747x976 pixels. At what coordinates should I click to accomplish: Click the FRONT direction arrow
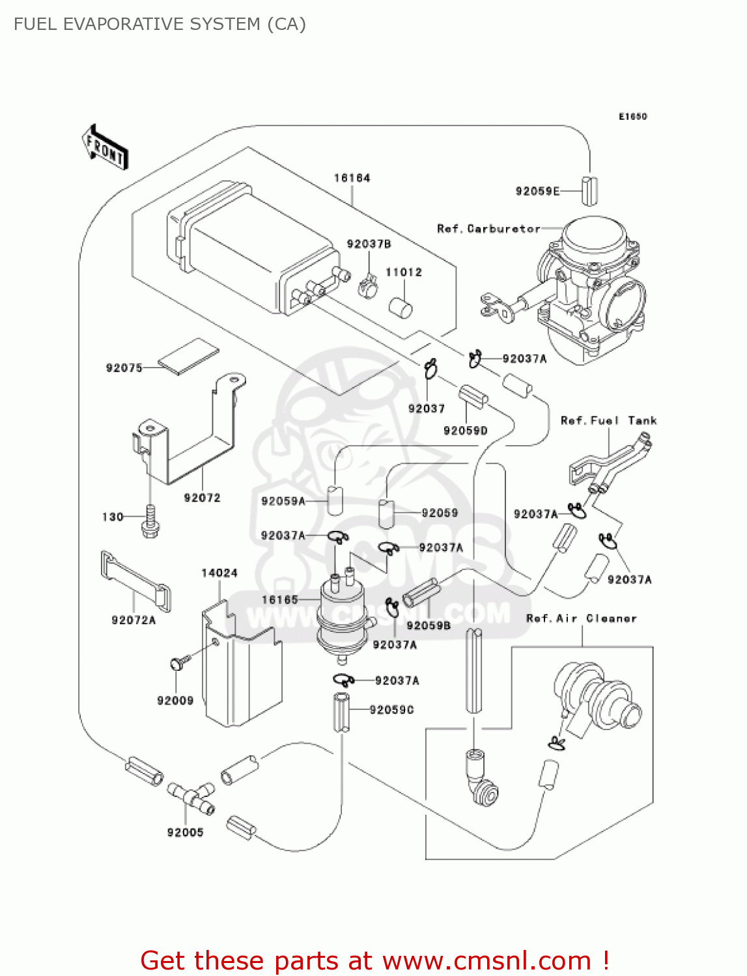tap(105, 148)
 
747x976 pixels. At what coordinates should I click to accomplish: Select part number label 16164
tap(352, 178)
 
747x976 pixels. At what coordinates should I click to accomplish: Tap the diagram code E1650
tap(632, 116)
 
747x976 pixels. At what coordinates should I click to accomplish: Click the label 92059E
tap(537, 191)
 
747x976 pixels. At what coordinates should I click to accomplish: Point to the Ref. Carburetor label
tap(488, 229)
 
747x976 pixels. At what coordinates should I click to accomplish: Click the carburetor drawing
tap(586, 286)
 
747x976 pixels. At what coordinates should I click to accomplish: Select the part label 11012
tap(404, 272)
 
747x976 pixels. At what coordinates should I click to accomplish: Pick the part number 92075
tap(124, 368)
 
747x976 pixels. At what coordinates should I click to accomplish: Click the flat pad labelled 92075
tap(188, 356)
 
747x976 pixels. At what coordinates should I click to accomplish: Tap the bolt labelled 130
tap(150, 522)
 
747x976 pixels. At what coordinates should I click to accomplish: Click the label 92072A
tap(134, 620)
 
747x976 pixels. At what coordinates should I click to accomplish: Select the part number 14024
tap(219, 573)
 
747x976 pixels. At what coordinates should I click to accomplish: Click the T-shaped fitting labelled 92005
tap(191, 798)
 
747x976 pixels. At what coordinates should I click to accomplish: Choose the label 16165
tap(279, 599)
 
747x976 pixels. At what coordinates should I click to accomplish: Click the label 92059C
tap(391, 709)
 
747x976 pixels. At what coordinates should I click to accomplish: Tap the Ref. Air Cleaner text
tap(581, 618)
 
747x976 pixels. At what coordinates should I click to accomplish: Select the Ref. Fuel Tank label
tap(608, 420)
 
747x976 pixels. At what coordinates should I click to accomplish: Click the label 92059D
tap(465, 430)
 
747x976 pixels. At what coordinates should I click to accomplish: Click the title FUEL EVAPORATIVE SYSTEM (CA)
tap(160, 24)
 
